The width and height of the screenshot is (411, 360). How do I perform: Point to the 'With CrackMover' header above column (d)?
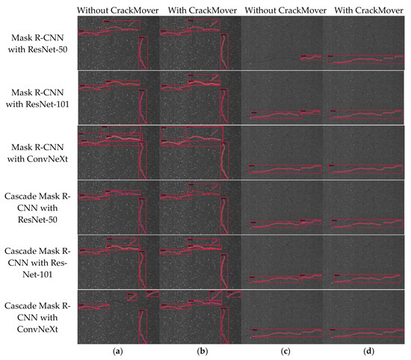click(363, 9)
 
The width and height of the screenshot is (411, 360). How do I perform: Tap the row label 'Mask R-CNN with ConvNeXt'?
click(37, 152)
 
